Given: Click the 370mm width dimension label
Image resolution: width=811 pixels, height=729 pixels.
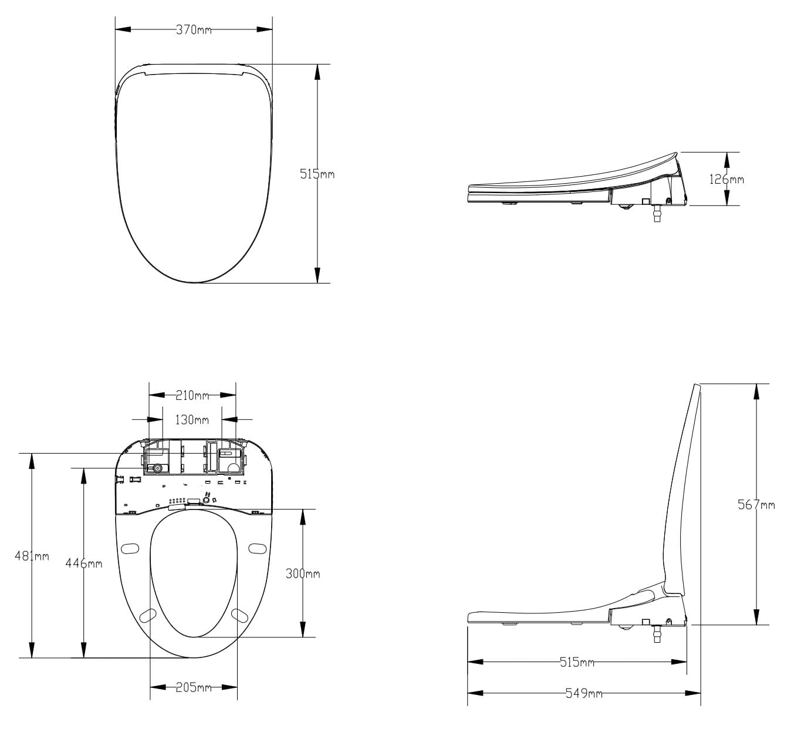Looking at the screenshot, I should pyautogui.click(x=194, y=30).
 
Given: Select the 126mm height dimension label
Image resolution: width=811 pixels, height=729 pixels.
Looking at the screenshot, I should pyautogui.click(x=726, y=179).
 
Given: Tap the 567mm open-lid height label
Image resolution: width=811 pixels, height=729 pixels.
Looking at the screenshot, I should pyautogui.click(x=756, y=504).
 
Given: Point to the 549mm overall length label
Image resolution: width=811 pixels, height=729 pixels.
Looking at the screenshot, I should pyautogui.click(x=584, y=693).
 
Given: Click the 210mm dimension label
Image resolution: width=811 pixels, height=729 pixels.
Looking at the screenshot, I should pyautogui.click(x=192, y=396).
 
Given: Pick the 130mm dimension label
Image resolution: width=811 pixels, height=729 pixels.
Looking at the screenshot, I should pyautogui.click(x=192, y=420).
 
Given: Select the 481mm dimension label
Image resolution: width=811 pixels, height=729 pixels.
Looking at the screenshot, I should pyautogui.click(x=32, y=556).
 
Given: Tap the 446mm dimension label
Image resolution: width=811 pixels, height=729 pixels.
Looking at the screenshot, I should pyautogui.click(x=83, y=563).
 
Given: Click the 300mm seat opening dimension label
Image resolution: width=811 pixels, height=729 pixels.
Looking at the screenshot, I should pyautogui.click(x=303, y=573).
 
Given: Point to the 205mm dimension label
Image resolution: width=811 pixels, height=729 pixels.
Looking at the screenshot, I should pyautogui.click(x=194, y=688).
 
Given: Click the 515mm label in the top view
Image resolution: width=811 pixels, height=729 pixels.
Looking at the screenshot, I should pyautogui.click(x=317, y=174).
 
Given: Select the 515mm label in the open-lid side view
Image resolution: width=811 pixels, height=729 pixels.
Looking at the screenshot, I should pyautogui.click(x=577, y=662).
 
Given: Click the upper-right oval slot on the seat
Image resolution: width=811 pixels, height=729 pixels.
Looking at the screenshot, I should pyautogui.click(x=256, y=548).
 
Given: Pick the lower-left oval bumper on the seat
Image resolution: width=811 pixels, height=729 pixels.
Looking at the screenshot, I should pyautogui.click(x=149, y=615).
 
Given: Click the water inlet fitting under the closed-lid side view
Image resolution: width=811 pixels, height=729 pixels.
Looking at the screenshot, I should pyautogui.click(x=655, y=212).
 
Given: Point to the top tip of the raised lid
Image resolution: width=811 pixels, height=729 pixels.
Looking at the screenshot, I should pyautogui.click(x=697, y=386).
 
